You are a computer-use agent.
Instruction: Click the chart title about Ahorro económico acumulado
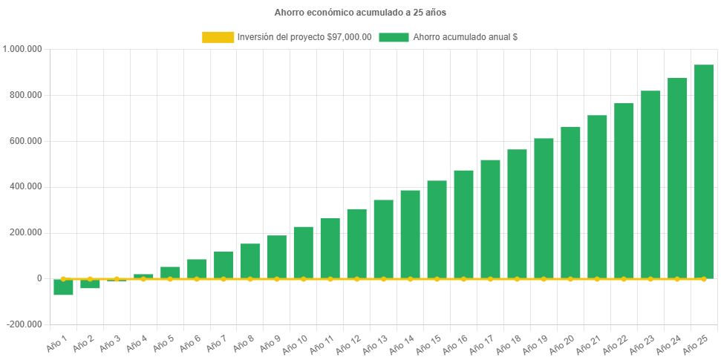[360, 13]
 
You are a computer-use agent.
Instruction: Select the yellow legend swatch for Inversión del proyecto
[217, 37]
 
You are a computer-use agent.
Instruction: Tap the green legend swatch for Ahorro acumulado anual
[394, 37]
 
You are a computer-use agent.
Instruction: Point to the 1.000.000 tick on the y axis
[23, 49]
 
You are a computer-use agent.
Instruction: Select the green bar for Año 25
[704, 171]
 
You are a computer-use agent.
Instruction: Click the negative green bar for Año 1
[63, 287]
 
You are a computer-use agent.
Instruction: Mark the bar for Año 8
[250, 261]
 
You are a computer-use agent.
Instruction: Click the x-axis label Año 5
[163, 342]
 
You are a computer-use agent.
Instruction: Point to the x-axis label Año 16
[455, 344]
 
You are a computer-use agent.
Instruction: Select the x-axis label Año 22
[616, 344]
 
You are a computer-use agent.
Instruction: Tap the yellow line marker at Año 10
[303, 279]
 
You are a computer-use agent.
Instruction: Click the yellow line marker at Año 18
[517, 279]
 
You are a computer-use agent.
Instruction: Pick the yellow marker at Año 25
[704, 279]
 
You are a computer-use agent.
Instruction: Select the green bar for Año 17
[490, 219]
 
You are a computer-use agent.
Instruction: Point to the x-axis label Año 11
[322, 344]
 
